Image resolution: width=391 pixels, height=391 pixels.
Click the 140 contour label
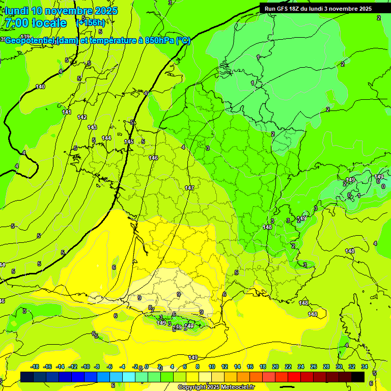pos(40,87)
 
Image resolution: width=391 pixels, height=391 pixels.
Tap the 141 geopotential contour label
pos(67,112)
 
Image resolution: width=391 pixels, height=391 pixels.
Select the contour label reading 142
pos(82,117)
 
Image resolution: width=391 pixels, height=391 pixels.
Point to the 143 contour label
pos(92,127)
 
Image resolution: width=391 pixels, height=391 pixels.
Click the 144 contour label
pos(106,138)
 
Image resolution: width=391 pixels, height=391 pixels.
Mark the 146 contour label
pos(153,158)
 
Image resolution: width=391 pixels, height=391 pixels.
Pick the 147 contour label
pos(189,188)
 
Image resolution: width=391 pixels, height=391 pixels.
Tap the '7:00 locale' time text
pos(35,23)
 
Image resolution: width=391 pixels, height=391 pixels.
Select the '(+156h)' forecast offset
pos(91,22)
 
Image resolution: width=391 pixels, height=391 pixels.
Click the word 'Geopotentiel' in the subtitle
pos(31,41)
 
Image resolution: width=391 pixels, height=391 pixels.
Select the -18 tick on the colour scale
pos(35,367)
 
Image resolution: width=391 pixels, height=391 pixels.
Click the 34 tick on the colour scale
pos(364,367)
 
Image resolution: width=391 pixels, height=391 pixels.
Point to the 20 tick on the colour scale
pos(275,367)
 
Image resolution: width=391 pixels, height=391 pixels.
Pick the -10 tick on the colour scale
pos(86,367)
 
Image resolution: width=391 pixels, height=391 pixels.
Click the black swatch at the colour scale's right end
pos(358,377)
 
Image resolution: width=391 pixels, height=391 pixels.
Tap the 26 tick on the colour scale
pos(314,367)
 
